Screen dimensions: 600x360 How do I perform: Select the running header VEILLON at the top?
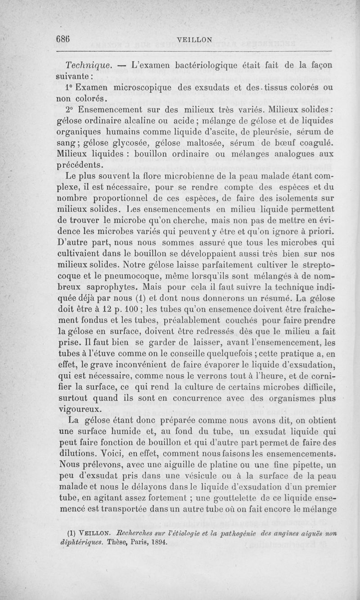(195, 40)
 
